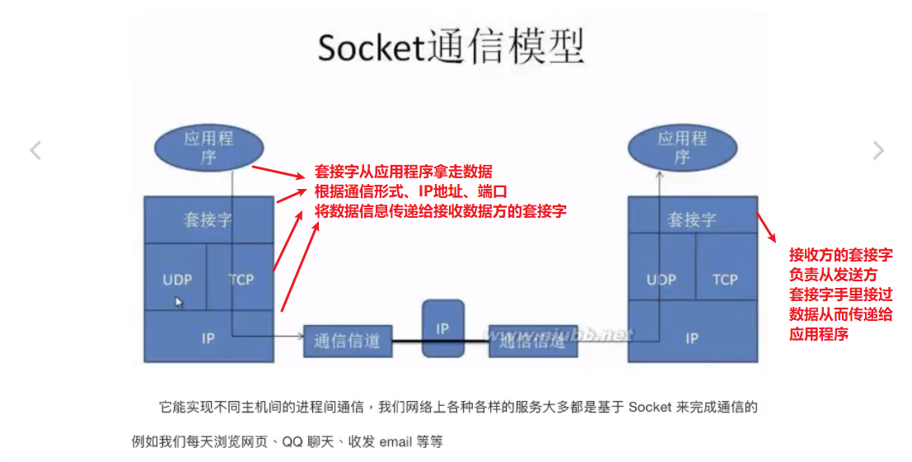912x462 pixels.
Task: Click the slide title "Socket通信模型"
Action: click(x=451, y=47)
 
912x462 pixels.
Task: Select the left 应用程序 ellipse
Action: click(x=208, y=147)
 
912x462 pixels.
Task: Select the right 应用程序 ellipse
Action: click(x=682, y=147)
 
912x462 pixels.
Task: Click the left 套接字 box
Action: click(x=208, y=220)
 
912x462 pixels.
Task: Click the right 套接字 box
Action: click(x=692, y=220)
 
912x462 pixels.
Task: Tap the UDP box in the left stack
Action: click(x=176, y=279)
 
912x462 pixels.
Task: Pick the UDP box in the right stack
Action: click(x=661, y=280)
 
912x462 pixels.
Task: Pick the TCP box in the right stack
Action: click(x=725, y=280)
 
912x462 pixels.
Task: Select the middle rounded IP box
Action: click(x=442, y=328)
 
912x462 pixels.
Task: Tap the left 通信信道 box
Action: click(x=347, y=341)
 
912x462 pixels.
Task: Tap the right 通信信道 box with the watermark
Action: click(x=533, y=341)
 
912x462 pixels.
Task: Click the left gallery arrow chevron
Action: click(x=35, y=150)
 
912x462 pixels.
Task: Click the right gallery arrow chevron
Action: click(x=878, y=150)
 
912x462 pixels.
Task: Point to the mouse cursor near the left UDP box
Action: click(x=179, y=302)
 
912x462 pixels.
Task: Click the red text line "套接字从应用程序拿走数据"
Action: click(x=404, y=172)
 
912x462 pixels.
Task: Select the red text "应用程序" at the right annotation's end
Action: click(x=819, y=334)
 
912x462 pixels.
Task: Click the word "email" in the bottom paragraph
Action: click(x=395, y=442)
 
